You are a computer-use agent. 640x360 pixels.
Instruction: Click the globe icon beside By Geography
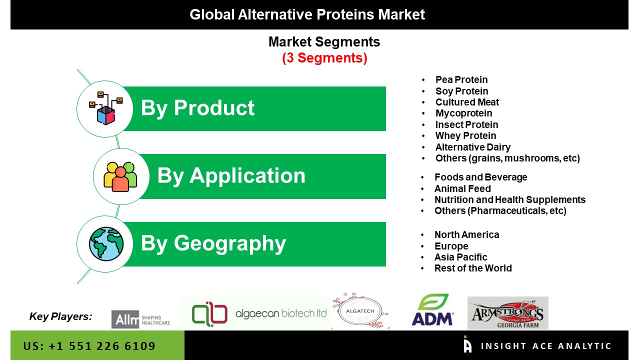point(106,244)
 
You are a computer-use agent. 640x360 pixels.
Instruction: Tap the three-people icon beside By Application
point(120,176)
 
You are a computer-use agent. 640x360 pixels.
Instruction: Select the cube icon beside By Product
point(105,108)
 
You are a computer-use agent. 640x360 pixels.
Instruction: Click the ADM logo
point(432,309)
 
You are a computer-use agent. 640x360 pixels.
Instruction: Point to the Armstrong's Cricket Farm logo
point(507,313)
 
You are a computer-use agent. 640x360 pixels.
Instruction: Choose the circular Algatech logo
point(360,310)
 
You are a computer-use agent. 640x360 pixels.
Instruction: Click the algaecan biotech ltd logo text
point(281,313)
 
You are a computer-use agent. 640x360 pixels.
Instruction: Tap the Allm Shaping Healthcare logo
point(140,319)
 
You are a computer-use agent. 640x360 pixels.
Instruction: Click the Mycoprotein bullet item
point(463,113)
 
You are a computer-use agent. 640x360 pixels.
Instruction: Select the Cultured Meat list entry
point(467,102)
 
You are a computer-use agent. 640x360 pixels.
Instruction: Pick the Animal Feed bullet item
point(462,188)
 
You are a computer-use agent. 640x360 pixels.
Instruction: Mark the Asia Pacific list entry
point(460,257)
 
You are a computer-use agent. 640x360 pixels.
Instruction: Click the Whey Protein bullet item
point(465,135)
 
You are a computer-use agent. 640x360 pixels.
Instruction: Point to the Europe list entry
point(451,246)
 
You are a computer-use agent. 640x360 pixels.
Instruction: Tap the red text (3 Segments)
point(324,58)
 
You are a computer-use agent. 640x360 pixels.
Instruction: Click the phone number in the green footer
point(89,346)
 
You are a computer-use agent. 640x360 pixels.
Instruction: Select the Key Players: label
point(61,316)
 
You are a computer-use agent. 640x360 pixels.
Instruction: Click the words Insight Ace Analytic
point(546,346)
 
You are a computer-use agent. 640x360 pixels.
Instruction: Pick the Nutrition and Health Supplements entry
point(510,199)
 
